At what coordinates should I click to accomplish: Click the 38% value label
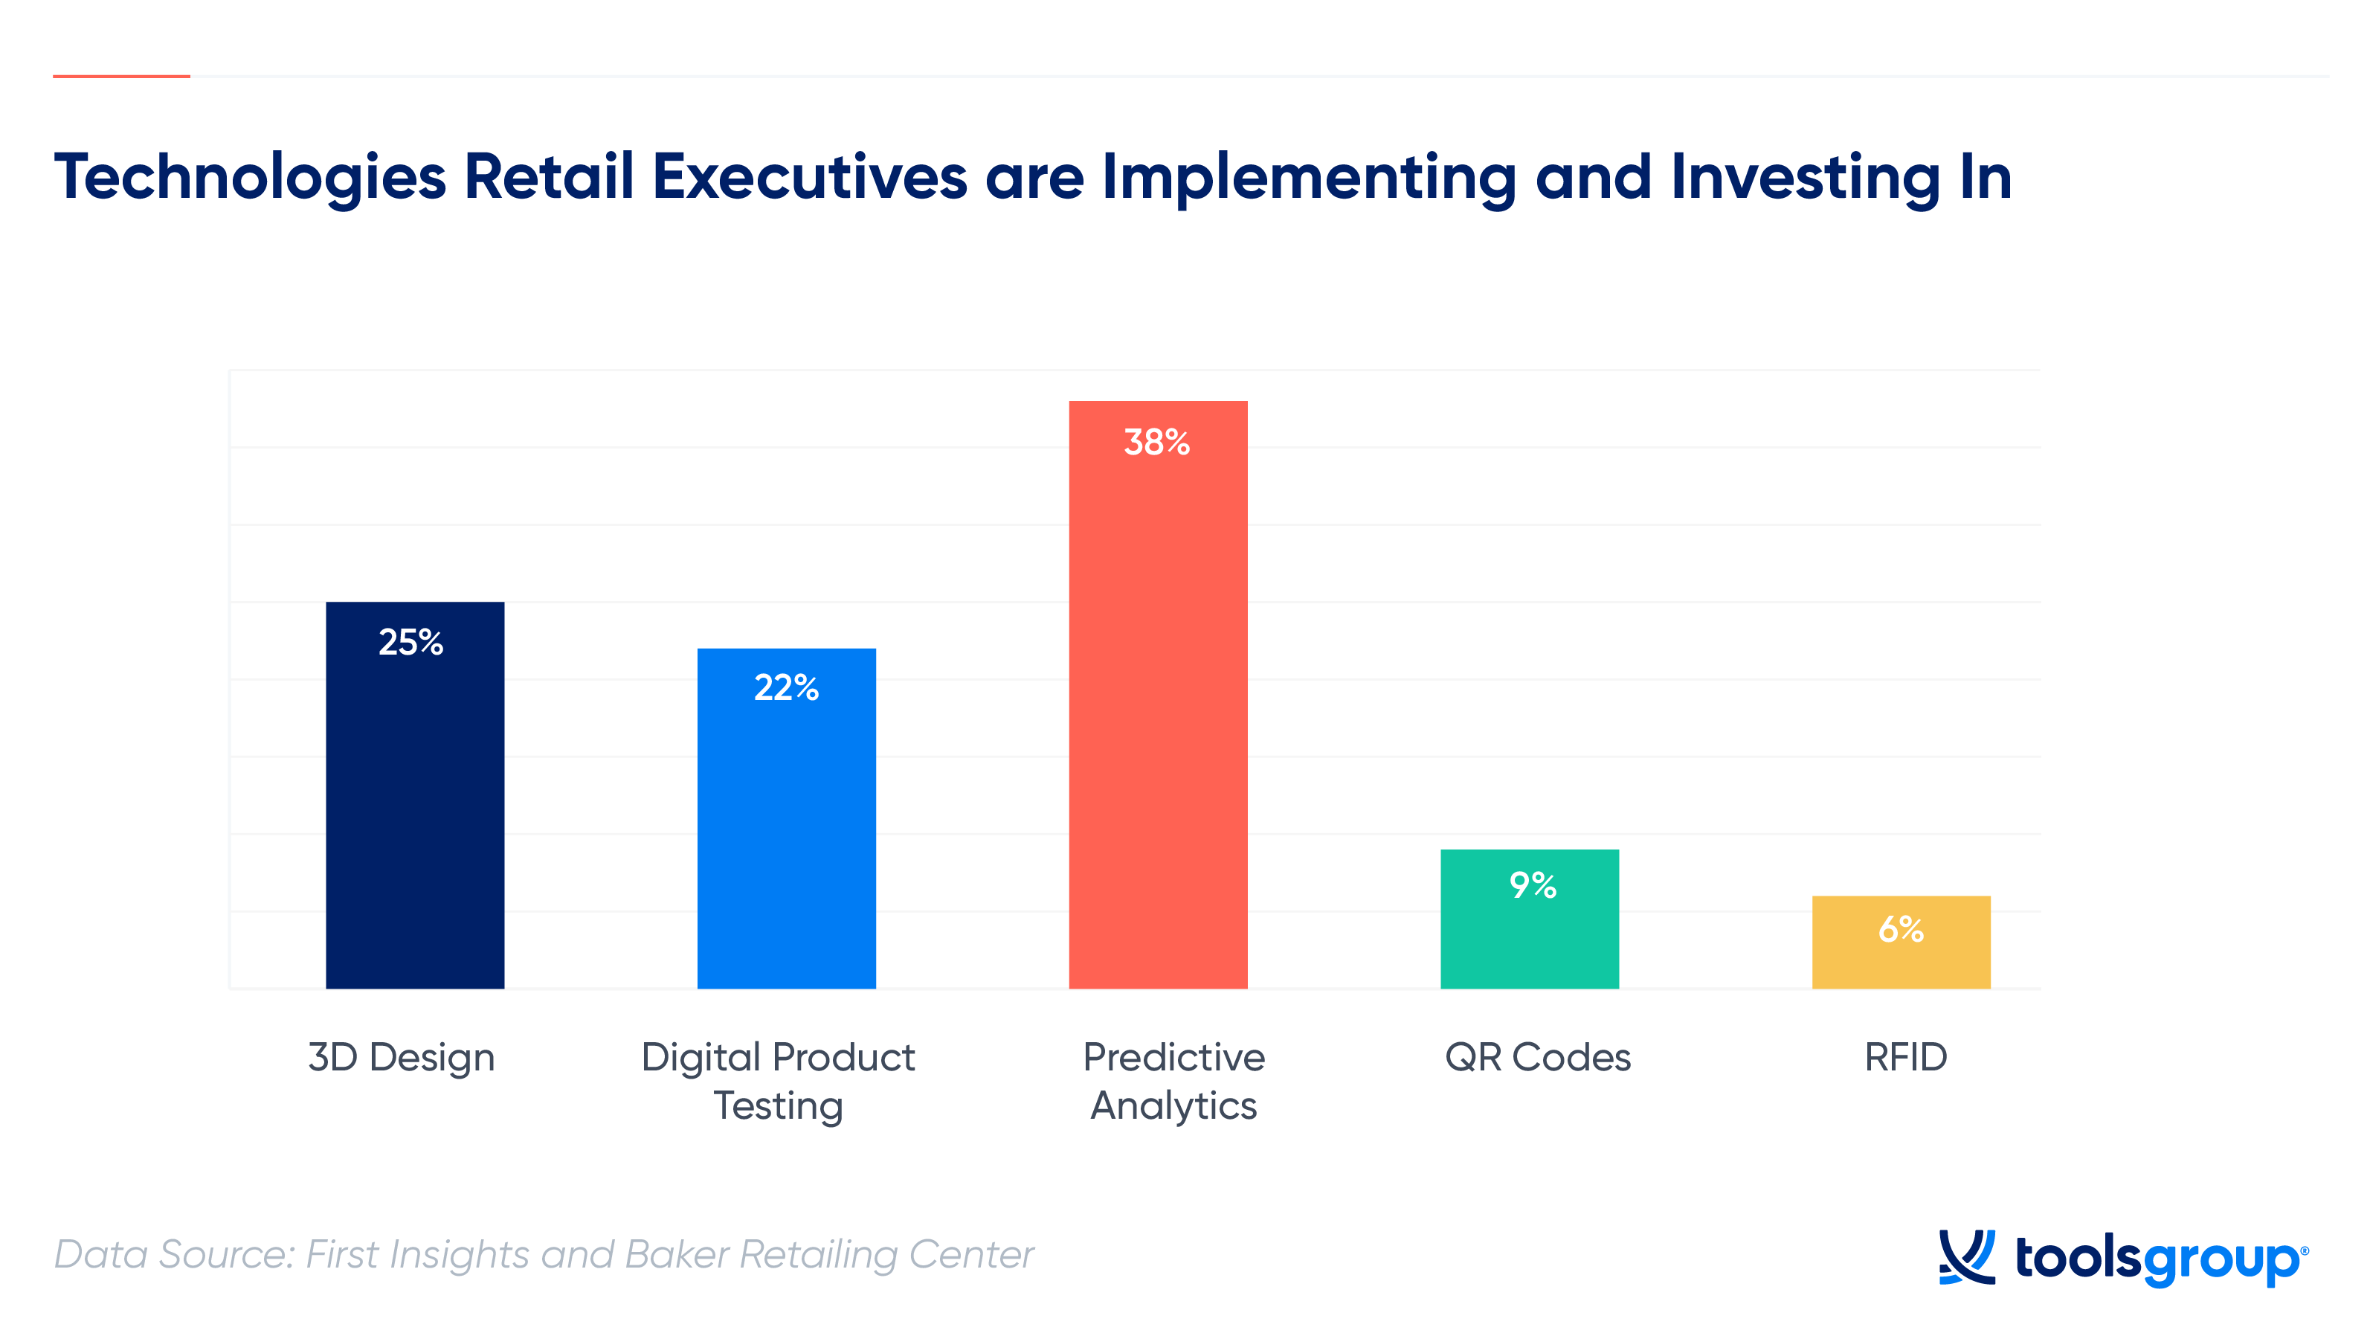click(1156, 443)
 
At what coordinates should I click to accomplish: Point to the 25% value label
click(410, 642)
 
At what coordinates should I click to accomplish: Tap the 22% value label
click(786, 687)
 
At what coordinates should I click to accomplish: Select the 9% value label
click(1533, 885)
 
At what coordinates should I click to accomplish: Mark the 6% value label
click(1901, 929)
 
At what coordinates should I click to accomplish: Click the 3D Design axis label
click(401, 1058)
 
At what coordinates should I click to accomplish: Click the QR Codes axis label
click(1537, 1057)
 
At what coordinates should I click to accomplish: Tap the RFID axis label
click(1905, 1057)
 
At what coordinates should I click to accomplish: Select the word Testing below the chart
click(779, 1106)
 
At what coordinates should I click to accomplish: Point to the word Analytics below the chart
click(1173, 1106)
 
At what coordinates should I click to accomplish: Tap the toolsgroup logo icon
click(1966, 1257)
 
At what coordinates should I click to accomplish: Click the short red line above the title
click(121, 77)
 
